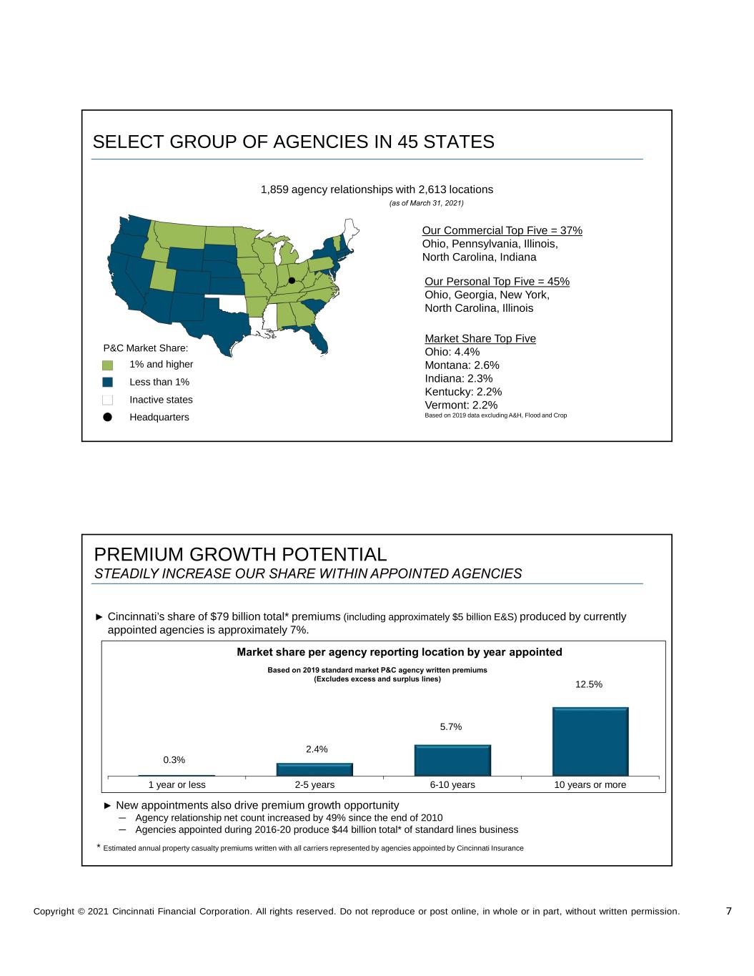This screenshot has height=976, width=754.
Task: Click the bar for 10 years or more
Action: [x=590, y=741]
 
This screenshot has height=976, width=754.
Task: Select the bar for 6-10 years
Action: [x=452, y=759]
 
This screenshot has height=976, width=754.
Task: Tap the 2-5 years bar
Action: [x=314, y=769]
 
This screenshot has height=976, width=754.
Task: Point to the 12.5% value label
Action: [x=589, y=684]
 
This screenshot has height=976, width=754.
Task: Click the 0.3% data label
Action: [x=174, y=760]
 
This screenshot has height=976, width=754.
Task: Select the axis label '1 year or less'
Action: [x=177, y=785]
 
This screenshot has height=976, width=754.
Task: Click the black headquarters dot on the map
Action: [x=292, y=280]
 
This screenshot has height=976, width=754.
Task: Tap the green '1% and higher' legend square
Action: [x=108, y=365]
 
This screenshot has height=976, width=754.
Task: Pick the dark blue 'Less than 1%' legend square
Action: [x=108, y=382]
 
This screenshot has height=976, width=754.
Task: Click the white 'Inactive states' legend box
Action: [x=108, y=400]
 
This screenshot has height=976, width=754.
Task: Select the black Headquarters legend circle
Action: [x=108, y=417]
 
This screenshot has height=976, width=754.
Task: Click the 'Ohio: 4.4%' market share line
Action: [x=452, y=352]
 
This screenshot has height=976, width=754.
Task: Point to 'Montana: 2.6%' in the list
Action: [x=462, y=365]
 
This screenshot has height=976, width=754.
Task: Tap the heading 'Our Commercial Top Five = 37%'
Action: [x=502, y=230]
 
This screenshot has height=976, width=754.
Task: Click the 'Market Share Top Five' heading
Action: [x=480, y=338]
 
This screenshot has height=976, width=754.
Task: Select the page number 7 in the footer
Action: [x=728, y=911]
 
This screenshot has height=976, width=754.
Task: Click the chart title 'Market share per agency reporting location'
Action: [x=400, y=652]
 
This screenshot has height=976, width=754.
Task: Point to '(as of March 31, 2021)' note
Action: [x=427, y=204]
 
